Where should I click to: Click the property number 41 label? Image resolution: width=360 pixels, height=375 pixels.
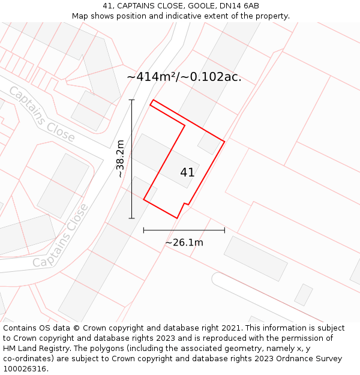(x=187, y=172)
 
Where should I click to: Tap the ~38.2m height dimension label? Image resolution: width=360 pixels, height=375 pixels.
(x=120, y=159)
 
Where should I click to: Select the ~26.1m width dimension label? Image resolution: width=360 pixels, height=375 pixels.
(x=184, y=242)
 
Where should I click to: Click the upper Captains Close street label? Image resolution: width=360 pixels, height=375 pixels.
(x=41, y=114)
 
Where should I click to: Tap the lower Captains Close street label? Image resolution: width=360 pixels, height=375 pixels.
(x=61, y=236)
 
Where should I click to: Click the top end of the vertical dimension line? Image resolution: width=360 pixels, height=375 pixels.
(x=132, y=100)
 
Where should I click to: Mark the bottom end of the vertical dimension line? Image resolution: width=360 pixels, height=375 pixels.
(x=132, y=218)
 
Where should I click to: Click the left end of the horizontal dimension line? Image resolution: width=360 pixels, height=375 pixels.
(x=143, y=230)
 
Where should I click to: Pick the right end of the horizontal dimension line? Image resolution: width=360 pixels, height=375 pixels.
(x=224, y=230)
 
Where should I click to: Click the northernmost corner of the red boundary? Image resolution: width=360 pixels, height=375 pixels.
(x=154, y=100)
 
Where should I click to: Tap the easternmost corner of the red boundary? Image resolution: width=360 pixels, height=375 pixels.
(x=224, y=142)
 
